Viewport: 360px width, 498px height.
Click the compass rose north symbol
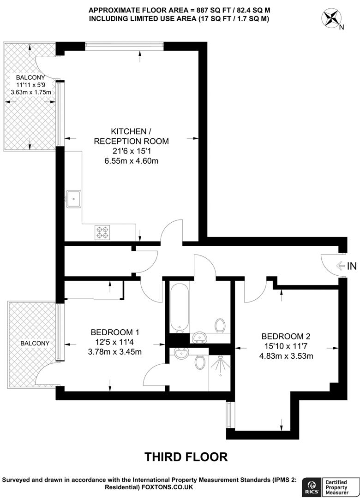[x=331, y=18]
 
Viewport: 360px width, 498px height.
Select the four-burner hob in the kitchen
[x=102, y=232]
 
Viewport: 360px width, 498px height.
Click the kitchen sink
[x=73, y=199]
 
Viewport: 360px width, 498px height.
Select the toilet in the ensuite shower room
[x=200, y=362]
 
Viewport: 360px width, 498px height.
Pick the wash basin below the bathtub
[x=199, y=338]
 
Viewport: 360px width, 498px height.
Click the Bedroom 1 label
[x=115, y=332]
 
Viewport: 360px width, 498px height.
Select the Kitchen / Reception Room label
[x=132, y=136]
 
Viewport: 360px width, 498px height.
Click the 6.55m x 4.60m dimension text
[x=132, y=161]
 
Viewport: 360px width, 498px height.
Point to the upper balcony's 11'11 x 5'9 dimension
[x=30, y=85]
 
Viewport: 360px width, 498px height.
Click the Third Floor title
[x=186, y=456]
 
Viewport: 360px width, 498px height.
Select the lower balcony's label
[x=34, y=343]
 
